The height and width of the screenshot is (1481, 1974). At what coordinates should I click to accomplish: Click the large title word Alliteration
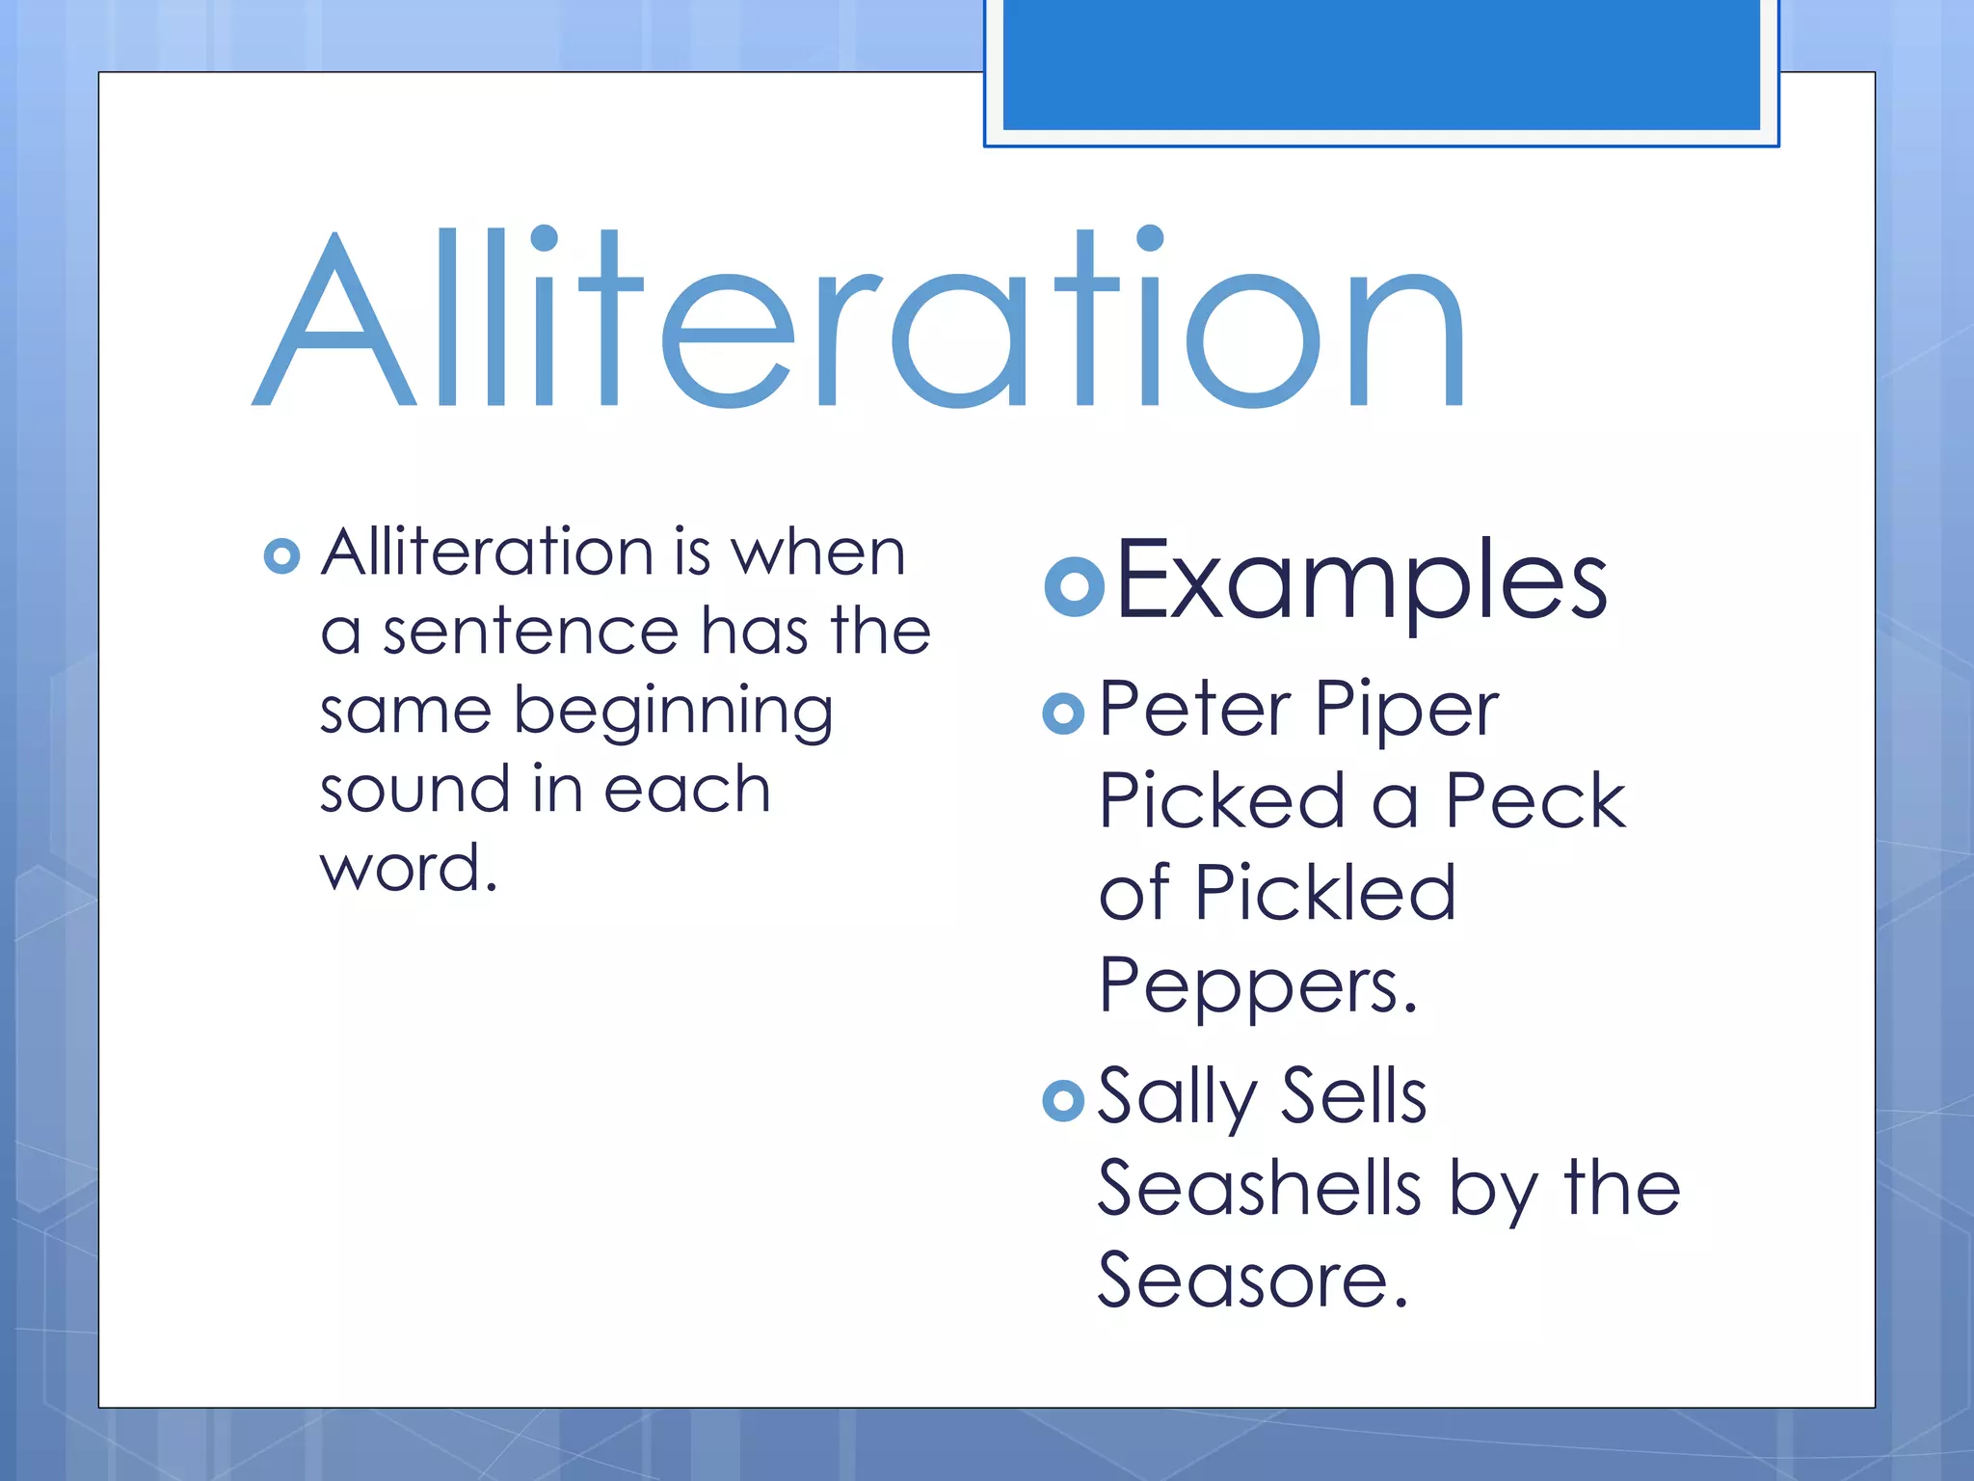[858, 318]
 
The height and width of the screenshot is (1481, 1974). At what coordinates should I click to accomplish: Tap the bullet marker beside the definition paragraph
[281, 555]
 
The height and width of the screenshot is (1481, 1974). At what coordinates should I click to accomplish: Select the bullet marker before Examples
[1074, 585]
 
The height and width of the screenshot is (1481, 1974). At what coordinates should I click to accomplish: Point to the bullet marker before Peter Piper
[1063, 714]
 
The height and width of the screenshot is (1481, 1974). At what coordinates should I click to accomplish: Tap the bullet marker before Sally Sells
[1063, 1100]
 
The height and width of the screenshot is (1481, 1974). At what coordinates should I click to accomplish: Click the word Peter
[1194, 710]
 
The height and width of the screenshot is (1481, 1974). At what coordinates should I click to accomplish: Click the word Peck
[1535, 800]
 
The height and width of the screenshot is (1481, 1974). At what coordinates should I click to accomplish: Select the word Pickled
[1325, 893]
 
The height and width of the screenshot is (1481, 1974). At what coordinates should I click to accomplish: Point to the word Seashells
[1259, 1188]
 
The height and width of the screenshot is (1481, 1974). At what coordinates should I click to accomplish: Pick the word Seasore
[1252, 1280]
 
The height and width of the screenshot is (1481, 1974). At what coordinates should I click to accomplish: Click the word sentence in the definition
[531, 633]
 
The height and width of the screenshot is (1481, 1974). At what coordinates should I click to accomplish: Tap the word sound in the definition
[413, 790]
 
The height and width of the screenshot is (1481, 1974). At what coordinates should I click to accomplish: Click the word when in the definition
[818, 553]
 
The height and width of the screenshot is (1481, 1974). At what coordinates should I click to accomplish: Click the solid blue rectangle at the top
[1381, 64]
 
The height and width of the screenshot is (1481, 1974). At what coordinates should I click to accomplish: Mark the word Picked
[1221, 800]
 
